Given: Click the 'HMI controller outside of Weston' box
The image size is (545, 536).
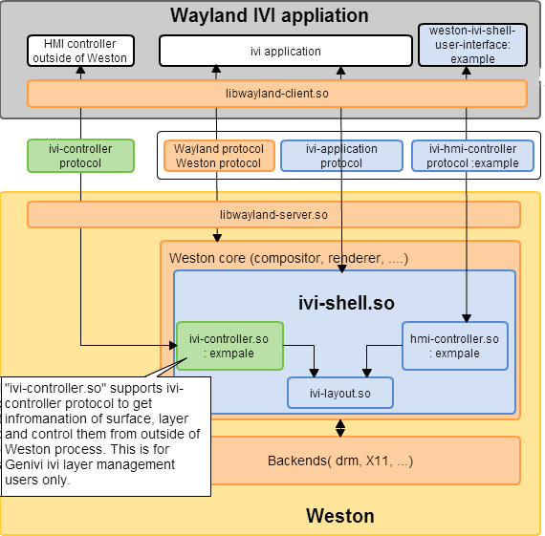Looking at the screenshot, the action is [80, 51].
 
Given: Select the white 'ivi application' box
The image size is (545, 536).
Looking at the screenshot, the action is [286, 51].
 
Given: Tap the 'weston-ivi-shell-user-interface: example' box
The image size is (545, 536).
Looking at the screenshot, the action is [472, 45].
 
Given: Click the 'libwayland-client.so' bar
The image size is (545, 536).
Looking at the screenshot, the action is [277, 94].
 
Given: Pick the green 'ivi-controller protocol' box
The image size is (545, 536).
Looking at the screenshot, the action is [80, 156].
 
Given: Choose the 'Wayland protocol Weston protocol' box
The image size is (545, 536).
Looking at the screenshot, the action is [219, 156].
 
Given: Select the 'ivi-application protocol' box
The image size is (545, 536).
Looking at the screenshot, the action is [341, 156].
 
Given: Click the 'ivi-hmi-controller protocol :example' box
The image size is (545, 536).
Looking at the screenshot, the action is [472, 156].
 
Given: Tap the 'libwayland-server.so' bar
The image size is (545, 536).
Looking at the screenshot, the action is [273, 215].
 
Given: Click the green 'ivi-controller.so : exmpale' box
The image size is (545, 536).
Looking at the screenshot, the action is [229, 346].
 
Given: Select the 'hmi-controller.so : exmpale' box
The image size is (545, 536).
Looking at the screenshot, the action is [455, 346].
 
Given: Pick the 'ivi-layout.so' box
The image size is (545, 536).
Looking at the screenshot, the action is [340, 394].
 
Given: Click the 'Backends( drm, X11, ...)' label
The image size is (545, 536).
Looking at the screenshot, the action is [340, 461].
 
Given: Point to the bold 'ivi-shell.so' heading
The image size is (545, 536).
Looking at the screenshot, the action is [346, 303].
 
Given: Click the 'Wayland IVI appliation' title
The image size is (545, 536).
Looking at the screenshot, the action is [270, 15].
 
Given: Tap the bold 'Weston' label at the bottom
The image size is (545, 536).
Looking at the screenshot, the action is [340, 516].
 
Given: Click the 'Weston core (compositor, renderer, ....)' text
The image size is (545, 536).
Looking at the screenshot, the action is [289, 259].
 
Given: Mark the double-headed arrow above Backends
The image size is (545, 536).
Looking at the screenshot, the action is [340, 428].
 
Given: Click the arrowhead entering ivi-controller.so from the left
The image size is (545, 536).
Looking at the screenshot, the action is [173, 345].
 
